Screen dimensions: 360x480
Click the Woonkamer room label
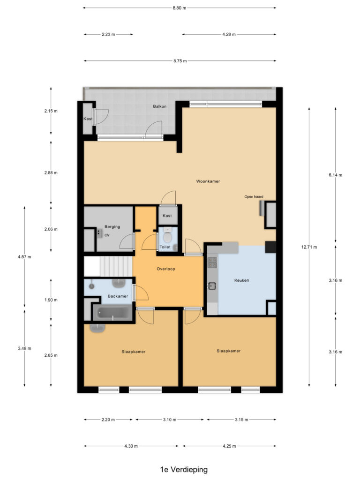(x=208, y=181)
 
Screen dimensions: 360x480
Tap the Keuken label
(x=241, y=280)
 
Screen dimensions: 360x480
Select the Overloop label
(x=166, y=269)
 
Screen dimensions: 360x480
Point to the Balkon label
(x=159, y=106)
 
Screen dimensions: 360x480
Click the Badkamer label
(x=118, y=296)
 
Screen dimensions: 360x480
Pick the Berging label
(x=112, y=226)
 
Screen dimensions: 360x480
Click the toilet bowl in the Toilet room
(x=167, y=236)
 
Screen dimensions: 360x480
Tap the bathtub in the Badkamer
(x=112, y=313)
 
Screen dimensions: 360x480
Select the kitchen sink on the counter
(x=212, y=286)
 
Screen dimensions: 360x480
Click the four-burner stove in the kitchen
(x=212, y=262)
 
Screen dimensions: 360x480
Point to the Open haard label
(x=254, y=196)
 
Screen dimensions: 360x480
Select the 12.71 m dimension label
(x=309, y=247)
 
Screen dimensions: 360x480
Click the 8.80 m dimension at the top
(x=180, y=8)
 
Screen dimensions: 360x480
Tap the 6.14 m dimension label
(x=336, y=175)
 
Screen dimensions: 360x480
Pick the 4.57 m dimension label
(x=24, y=256)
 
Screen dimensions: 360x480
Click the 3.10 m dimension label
(x=170, y=420)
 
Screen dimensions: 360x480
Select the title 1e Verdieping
(x=184, y=469)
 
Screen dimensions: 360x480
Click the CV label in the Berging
(x=107, y=235)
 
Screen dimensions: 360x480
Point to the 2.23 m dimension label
(x=108, y=34)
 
